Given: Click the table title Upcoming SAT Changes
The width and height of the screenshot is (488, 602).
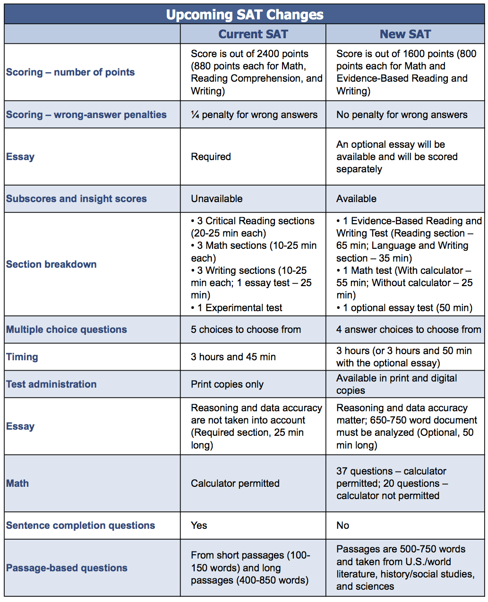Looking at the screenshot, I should (245, 15).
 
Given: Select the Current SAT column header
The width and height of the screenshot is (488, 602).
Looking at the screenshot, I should (253, 34).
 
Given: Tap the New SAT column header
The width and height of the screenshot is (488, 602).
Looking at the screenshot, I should (405, 34).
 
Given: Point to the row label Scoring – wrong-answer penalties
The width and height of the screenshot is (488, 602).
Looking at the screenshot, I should (86, 115).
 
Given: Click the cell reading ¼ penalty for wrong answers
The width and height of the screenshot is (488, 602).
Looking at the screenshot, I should (254, 115).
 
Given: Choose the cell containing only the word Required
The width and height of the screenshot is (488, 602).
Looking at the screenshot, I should (211, 157).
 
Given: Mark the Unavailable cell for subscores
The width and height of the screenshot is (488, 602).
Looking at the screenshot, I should (216, 199).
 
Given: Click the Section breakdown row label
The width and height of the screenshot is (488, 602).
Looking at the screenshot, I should (51, 264).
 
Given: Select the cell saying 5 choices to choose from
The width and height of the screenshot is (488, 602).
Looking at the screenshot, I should (246, 330).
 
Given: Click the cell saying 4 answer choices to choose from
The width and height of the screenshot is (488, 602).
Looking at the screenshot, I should (409, 330).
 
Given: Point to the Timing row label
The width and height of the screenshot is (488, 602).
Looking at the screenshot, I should (22, 357).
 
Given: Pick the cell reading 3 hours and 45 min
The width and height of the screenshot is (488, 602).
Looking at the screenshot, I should (233, 357).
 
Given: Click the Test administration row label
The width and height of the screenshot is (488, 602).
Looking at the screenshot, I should (51, 384).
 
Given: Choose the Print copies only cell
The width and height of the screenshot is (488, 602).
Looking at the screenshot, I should (227, 384).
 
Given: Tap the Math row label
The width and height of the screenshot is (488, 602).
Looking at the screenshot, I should (17, 483).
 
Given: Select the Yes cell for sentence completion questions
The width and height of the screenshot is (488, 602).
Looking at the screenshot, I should (199, 526).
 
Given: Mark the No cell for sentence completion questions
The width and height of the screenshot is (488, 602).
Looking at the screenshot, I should (342, 526).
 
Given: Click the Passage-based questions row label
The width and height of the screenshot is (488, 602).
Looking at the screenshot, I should (67, 568).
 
